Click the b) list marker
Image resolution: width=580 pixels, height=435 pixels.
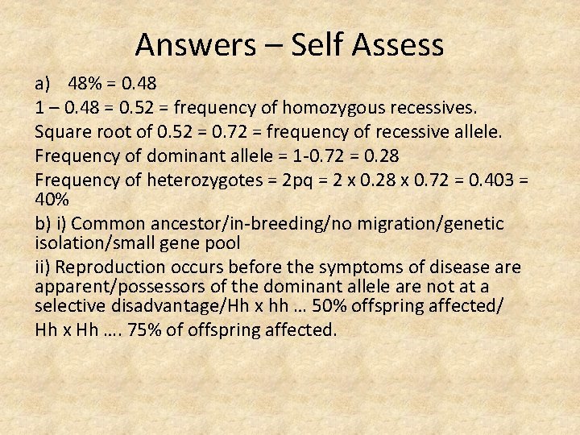(x=44, y=222)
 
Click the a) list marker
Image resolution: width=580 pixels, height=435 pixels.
(x=43, y=83)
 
